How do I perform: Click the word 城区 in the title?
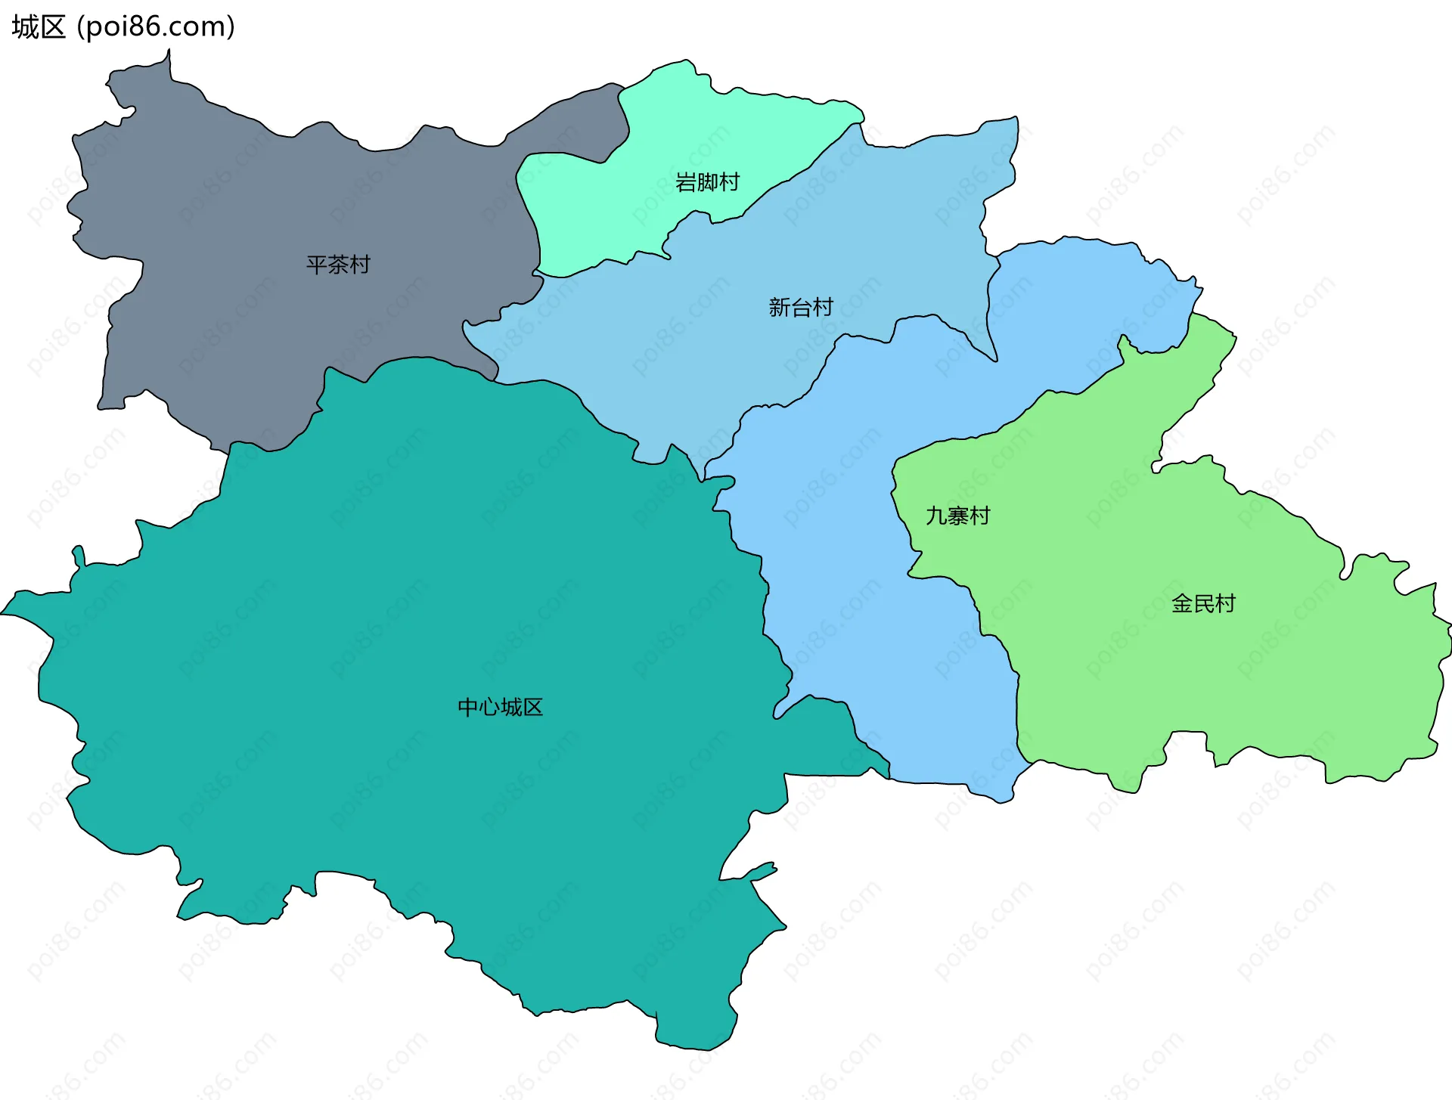tap(39, 27)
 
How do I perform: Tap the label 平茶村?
tap(338, 265)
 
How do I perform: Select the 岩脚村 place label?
tap(707, 182)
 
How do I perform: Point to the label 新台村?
tap(801, 307)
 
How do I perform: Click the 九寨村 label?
tap(958, 516)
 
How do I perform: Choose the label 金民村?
tap(1203, 603)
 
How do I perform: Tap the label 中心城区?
tap(501, 707)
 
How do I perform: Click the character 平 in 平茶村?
tap(317, 265)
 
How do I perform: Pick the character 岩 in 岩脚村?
tap(686, 182)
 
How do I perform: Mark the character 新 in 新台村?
tap(780, 307)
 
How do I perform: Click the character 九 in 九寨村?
tap(937, 516)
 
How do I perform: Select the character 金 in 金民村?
tap(1182, 603)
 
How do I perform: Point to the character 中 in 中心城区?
tap(468, 707)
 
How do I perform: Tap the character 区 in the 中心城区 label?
tap(533, 707)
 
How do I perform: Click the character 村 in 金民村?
tap(1225, 603)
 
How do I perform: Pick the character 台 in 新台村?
tap(801, 307)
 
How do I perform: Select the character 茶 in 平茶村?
tap(338, 265)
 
